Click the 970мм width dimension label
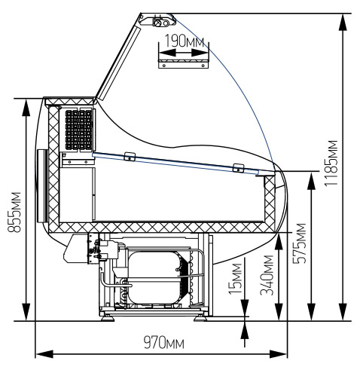[x=163, y=343]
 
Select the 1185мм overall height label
[x=331, y=163]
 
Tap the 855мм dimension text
[x=14, y=212]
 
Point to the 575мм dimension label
[x=300, y=243]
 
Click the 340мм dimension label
[x=267, y=275]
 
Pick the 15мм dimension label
[x=235, y=278]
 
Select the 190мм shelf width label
[x=185, y=41]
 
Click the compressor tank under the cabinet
[x=154, y=277]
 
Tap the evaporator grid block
[x=78, y=130]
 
